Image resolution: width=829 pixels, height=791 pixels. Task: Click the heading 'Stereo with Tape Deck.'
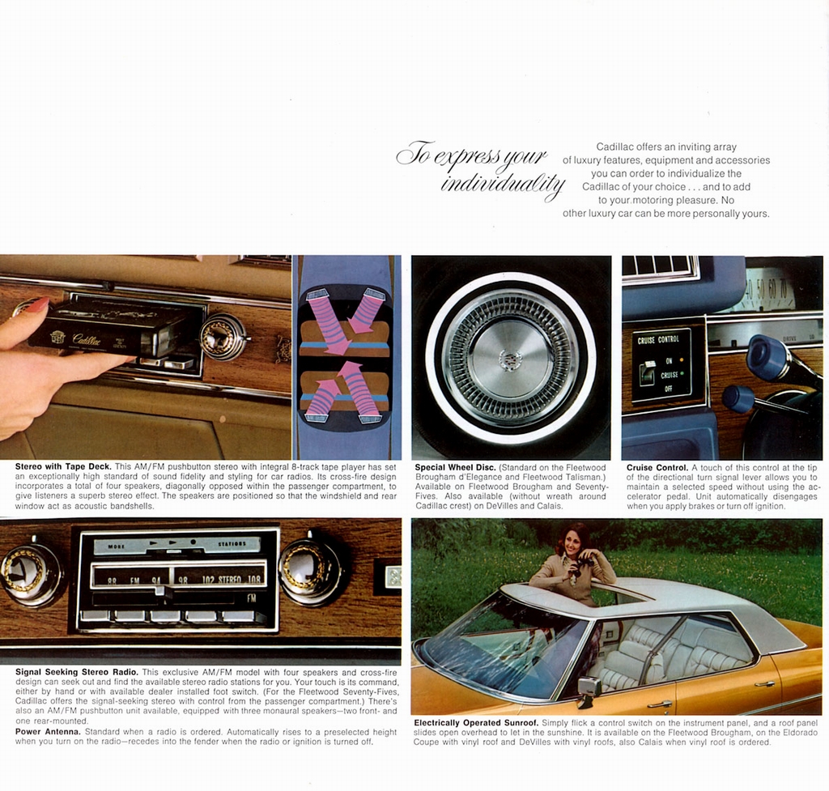pyautogui.click(x=63, y=467)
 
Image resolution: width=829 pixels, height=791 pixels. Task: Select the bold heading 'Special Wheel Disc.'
pyautogui.click(x=454, y=468)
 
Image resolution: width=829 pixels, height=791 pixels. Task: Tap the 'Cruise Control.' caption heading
pyautogui.click(x=657, y=468)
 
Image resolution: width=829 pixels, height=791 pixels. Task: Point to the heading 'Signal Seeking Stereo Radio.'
pyautogui.click(x=77, y=672)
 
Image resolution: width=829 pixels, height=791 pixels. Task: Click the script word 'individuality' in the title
pyautogui.click(x=501, y=183)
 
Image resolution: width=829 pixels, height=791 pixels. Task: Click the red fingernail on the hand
pyautogui.click(x=37, y=305)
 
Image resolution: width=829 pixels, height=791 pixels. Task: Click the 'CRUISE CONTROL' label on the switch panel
pyautogui.click(x=657, y=340)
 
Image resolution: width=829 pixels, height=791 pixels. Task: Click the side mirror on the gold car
pyautogui.click(x=589, y=688)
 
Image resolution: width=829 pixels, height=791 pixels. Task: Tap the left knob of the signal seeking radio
pyautogui.click(x=30, y=573)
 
